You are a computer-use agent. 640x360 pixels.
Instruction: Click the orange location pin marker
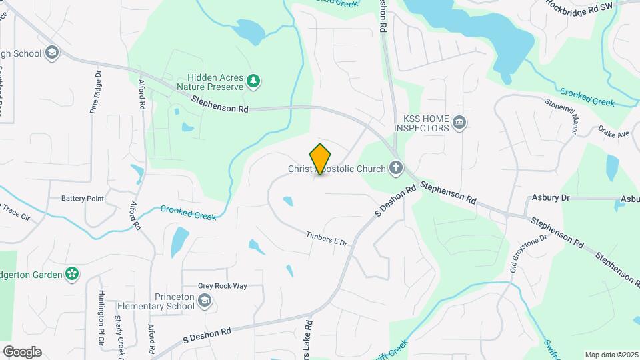coord(321,159)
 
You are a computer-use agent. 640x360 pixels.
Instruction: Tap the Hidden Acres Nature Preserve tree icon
coord(253,82)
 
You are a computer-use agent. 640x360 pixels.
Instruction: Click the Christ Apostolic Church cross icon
coord(396,168)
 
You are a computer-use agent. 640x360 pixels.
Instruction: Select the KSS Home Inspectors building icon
coord(459,123)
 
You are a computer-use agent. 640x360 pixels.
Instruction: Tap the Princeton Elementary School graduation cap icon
coord(205,302)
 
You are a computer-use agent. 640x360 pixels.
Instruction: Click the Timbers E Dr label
coord(327,239)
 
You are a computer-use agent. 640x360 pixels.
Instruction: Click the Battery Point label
coord(83,199)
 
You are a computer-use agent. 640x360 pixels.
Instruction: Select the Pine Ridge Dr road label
coord(95,93)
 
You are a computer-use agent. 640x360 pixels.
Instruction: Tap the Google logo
coord(22,352)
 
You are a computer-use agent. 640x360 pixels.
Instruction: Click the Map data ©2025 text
coord(611,355)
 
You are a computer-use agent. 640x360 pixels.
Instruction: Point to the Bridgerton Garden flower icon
coord(72,273)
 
